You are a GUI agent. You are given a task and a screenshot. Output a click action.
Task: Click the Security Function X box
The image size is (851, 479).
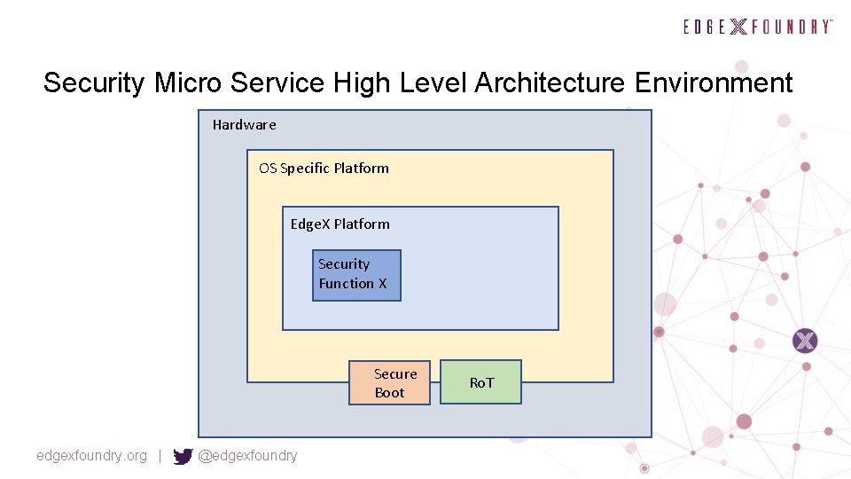pos(356,275)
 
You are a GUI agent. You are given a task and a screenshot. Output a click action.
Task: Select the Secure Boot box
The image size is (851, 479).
pos(389,383)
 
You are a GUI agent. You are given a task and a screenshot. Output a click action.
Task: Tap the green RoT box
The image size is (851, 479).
pos(481,382)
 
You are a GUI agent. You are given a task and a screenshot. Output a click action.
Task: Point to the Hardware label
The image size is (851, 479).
pos(244,125)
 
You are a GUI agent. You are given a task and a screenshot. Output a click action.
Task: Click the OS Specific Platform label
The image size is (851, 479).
pos(324,169)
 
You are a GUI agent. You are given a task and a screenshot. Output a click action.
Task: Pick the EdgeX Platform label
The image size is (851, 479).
pos(340,224)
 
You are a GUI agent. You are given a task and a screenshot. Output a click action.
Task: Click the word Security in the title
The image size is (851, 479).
pos(95,83)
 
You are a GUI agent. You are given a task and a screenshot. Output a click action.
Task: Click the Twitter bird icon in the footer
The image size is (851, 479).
pos(183,457)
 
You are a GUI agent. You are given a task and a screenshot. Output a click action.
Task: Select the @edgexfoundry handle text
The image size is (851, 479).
pos(247,456)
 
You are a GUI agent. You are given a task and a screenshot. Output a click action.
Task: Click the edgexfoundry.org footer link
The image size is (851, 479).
pos(91,456)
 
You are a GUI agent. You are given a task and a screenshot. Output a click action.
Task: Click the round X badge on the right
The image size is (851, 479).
pos(805,341)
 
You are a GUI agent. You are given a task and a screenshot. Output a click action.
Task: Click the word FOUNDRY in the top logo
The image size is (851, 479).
pos(792,27)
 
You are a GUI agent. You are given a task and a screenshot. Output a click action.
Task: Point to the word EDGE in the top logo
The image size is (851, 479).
pos(705,27)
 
